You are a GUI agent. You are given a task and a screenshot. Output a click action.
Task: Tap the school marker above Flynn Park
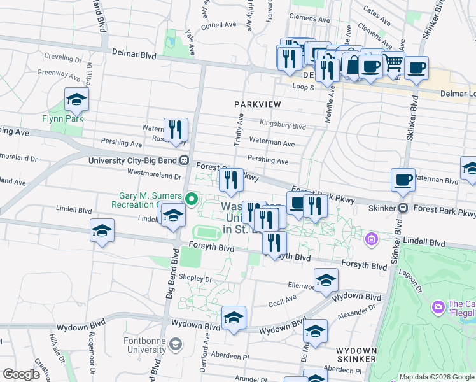pos(76,99)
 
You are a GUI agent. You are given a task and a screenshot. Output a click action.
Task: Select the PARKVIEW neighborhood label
pos(258,103)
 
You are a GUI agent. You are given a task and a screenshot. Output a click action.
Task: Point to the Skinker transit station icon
pos(403,208)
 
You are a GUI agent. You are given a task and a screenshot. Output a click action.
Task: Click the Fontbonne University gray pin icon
pos(176,344)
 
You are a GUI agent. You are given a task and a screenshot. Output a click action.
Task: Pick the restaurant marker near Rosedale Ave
pos(176,130)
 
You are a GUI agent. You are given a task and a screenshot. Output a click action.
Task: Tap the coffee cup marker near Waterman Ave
pos(403,180)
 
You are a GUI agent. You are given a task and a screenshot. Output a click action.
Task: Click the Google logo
pos(21,374)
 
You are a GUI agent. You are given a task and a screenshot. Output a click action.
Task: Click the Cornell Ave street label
pos(219,25)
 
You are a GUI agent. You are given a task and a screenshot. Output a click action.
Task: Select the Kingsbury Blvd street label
pos(283,125)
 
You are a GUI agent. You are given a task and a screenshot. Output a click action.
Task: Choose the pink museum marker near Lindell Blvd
pos(372,240)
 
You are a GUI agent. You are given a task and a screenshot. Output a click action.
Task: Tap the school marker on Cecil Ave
pos(326,280)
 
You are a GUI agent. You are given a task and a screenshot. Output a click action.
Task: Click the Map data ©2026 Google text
pos(437,376)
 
